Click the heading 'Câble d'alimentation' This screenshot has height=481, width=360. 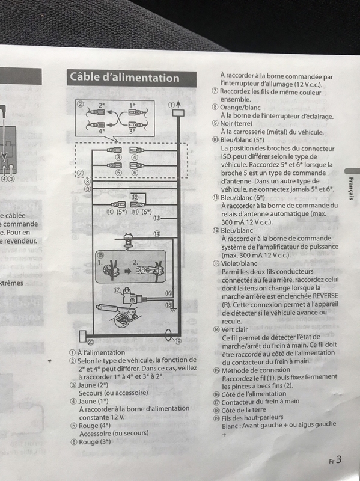[x=124, y=78]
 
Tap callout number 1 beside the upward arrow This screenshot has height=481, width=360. [x=171, y=105]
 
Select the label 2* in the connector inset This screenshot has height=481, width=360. [x=102, y=105]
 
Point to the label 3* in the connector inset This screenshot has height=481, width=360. [x=134, y=130]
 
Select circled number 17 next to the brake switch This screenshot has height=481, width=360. [x=118, y=290]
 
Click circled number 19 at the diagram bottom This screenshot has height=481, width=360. [x=178, y=341]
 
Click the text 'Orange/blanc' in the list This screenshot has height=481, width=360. [x=239, y=107]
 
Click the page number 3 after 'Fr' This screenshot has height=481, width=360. [x=339, y=460]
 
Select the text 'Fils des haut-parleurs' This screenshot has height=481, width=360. [x=254, y=417]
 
